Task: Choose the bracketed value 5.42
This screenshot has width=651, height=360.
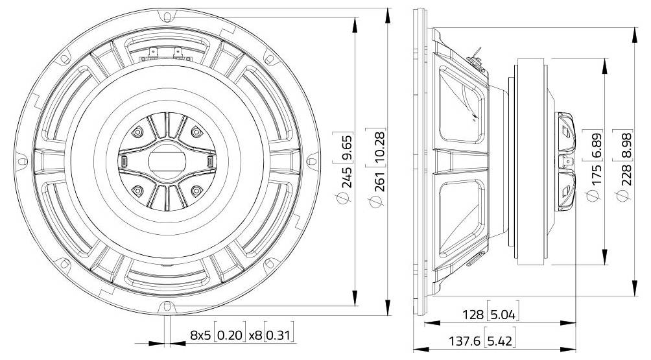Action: click(x=503, y=341)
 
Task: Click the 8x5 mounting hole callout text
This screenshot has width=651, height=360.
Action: click(x=201, y=335)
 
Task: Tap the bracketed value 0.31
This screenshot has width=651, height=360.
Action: click(x=279, y=335)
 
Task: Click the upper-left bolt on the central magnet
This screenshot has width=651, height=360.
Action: click(x=137, y=132)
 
